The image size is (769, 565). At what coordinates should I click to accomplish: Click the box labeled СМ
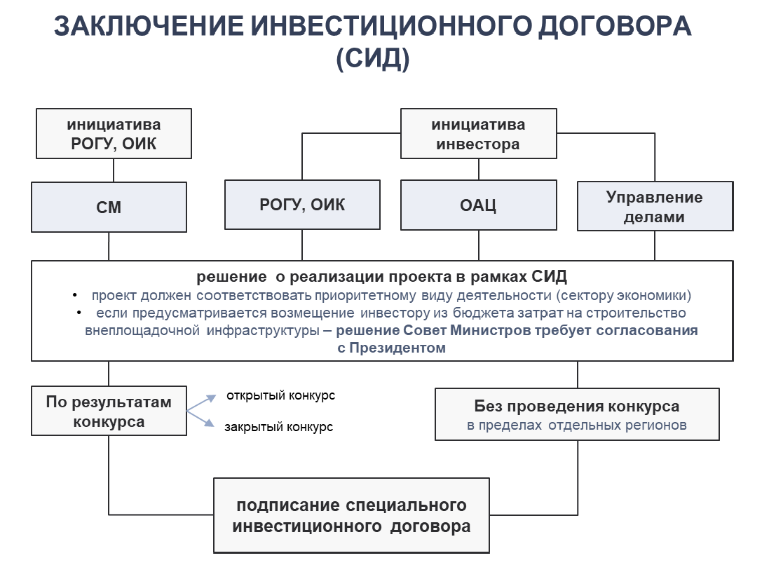[109, 207]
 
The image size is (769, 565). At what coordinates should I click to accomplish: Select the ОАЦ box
[479, 205]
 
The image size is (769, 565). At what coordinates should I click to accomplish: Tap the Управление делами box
[655, 206]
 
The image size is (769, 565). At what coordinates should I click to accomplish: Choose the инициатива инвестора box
[479, 134]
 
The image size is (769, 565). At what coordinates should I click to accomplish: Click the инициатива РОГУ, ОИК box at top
[114, 134]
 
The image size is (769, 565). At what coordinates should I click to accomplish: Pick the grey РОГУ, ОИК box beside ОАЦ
[302, 205]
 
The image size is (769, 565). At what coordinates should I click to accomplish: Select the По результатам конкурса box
[109, 411]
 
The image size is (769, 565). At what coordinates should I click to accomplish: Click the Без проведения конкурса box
[577, 414]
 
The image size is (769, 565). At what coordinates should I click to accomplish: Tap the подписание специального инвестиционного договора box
[351, 515]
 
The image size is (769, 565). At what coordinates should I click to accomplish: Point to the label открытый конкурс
[280, 396]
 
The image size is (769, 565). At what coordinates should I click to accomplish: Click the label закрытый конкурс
[278, 427]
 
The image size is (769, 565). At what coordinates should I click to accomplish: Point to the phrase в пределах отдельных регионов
[577, 425]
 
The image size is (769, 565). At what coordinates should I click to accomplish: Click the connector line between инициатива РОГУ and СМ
[114, 170]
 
